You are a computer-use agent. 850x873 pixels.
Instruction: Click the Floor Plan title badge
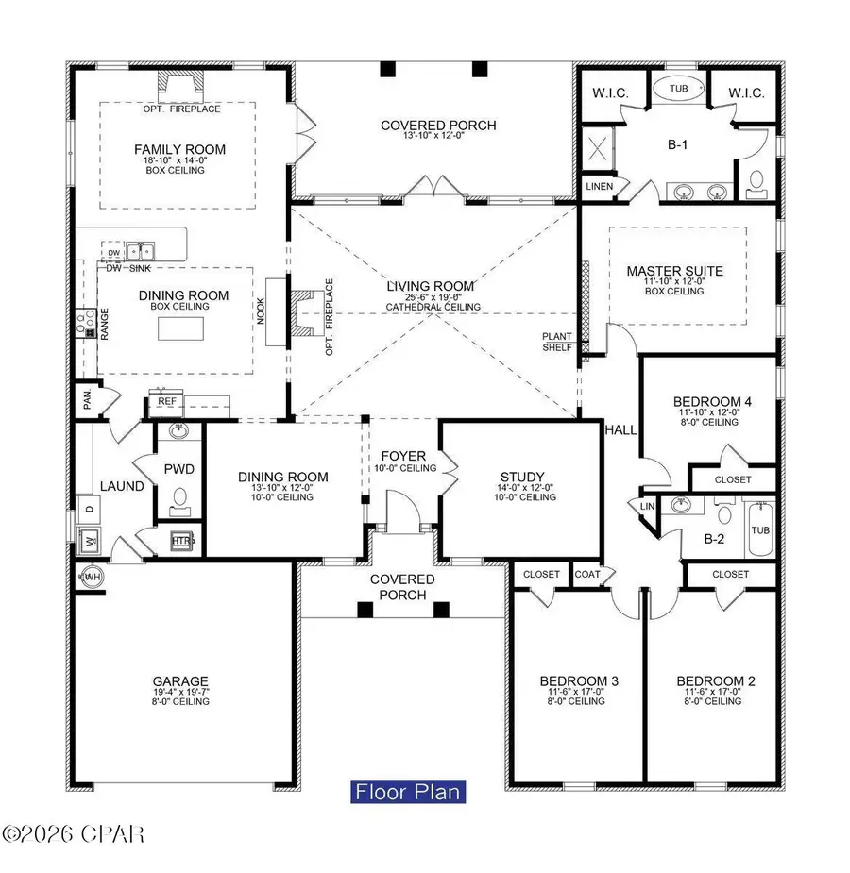tap(409, 790)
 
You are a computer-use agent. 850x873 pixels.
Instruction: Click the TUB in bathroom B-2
tap(760, 530)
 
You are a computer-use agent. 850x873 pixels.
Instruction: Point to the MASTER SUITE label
tap(667, 272)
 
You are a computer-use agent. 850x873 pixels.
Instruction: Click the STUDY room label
tap(519, 477)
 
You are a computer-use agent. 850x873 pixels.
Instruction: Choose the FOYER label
tap(403, 456)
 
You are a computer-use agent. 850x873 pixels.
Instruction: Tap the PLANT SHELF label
tap(556, 342)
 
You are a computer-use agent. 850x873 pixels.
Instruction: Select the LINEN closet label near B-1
tap(598, 187)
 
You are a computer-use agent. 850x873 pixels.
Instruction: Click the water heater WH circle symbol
tap(92, 576)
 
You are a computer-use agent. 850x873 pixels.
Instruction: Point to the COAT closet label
tap(586, 573)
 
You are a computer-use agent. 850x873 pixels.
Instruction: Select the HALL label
tap(621, 429)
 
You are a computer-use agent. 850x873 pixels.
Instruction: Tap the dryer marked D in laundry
tap(91, 510)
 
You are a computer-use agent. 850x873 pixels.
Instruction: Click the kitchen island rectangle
tap(178, 328)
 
